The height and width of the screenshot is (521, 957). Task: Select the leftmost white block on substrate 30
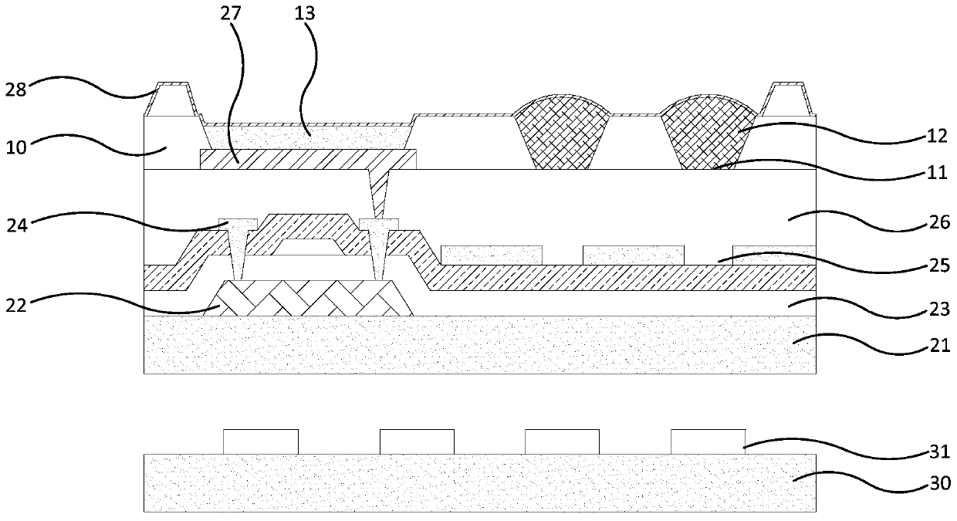point(261,441)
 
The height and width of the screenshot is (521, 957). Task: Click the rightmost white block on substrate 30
point(708,441)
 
